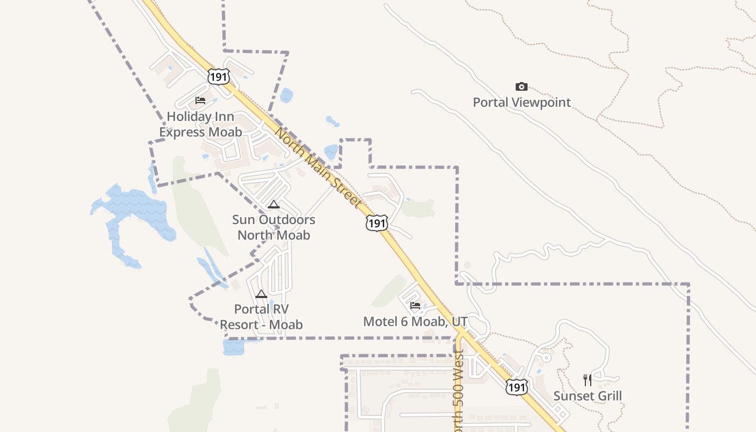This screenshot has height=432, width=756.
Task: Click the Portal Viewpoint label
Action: [x=522, y=102]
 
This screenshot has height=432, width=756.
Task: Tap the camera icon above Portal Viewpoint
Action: [x=521, y=86]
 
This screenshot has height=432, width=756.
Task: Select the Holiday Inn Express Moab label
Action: [x=200, y=124]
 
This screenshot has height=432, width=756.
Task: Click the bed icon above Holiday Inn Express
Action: [x=200, y=100]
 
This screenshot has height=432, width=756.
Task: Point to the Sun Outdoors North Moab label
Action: [x=274, y=227]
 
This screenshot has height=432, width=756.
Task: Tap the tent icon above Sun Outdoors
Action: [x=273, y=204]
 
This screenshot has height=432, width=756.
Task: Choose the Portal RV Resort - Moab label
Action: [x=261, y=317]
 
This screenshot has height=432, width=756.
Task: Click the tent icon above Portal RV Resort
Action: [x=261, y=294]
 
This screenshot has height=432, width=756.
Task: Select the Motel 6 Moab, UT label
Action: [x=415, y=322]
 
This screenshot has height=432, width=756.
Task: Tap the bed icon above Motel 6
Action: [x=415, y=306]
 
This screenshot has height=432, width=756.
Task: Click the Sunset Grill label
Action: [x=588, y=396]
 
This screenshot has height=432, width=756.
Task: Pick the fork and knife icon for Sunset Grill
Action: [x=588, y=380]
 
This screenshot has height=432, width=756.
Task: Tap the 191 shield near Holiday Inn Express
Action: [x=219, y=77]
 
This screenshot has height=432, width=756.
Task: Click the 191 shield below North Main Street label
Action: [x=376, y=223]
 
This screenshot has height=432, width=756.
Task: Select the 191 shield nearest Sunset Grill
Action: [x=517, y=387]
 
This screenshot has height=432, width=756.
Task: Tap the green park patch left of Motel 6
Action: [x=389, y=292]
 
